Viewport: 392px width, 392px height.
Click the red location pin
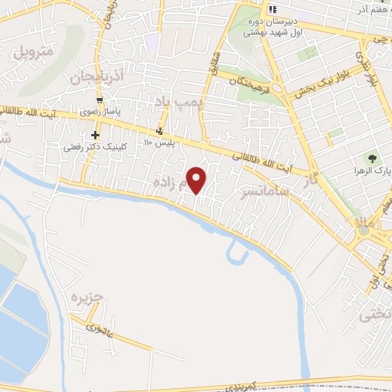point(198,179)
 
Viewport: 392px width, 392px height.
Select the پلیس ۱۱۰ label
point(160,142)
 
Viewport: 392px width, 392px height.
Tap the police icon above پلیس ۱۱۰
point(159,130)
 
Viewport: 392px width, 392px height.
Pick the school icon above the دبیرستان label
point(271,10)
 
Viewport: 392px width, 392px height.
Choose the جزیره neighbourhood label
point(87,297)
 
